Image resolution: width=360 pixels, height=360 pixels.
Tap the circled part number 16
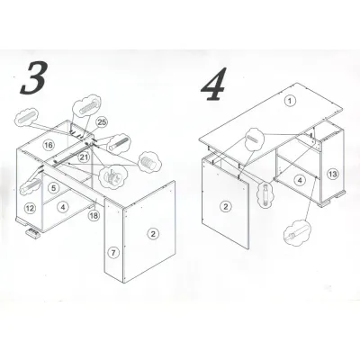[49, 146]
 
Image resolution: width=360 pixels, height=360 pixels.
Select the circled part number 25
[103, 122]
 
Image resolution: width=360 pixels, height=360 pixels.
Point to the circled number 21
[85, 157]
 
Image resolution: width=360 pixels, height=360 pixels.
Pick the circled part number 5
[53, 188]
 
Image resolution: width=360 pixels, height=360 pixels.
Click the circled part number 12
[30, 208]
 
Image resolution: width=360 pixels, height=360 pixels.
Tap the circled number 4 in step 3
[63, 207]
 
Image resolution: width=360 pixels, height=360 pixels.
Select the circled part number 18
[94, 215]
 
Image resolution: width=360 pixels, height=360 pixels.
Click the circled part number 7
[113, 253]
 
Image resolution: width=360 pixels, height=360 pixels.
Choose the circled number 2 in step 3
[153, 234]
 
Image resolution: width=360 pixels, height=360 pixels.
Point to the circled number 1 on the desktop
[290, 101]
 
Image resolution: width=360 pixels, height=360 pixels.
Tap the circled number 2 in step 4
[226, 206]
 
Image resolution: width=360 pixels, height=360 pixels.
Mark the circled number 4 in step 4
[300, 180]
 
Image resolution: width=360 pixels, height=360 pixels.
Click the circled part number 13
[333, 174]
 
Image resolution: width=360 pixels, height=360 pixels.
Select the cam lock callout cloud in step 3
[112, 177]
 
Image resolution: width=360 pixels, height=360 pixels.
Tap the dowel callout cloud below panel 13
[297, 231]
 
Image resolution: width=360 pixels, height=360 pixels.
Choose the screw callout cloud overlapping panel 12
[30, 187]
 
